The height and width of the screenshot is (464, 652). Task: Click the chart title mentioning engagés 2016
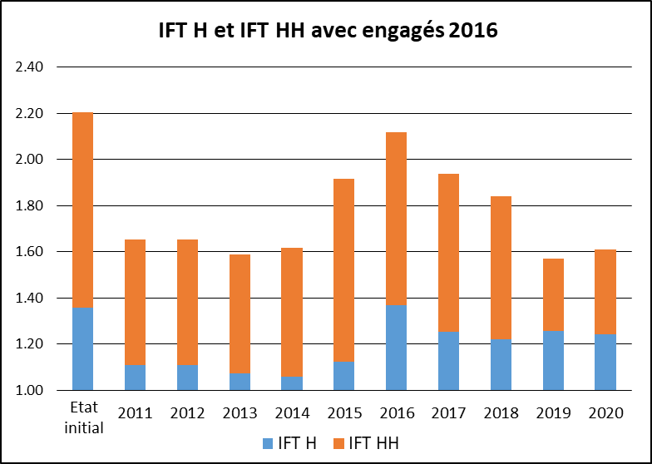click(328, 32)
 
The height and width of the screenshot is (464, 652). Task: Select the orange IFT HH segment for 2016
click(396, 219)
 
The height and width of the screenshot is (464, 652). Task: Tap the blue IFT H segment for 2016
click(396, 348)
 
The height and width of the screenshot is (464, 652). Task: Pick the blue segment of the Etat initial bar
click(82, 348)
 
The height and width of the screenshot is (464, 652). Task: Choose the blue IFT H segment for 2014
click(291, 383)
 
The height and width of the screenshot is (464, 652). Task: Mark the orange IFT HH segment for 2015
click(343, 270)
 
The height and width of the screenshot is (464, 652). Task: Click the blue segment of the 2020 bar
click(605, 362)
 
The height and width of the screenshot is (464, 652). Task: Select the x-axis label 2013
click(240, 413)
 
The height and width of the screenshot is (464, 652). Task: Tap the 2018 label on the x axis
click(501, 413)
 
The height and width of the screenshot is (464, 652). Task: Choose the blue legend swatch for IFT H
click(268, 444)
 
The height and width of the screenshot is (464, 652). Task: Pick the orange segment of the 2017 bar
click(448, 253)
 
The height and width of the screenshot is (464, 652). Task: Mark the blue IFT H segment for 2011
click(135, 378)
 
